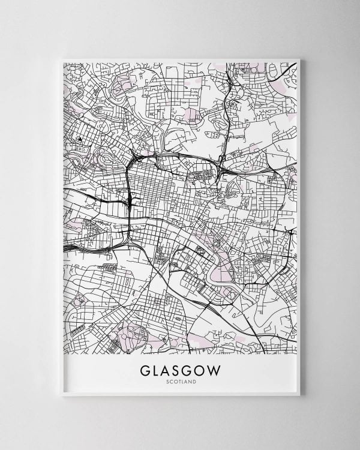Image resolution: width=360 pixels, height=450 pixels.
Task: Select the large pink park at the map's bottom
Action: coord(133,336)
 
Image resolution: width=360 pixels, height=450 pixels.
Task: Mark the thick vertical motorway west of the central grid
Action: coord(129,192)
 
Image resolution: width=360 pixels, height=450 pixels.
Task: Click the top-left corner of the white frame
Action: coord(61,59)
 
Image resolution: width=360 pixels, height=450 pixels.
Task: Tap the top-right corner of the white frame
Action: coord(299,59)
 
